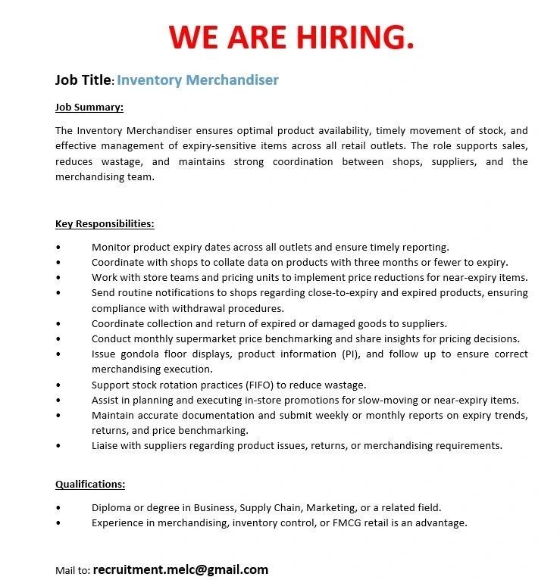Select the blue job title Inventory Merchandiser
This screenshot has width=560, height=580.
tap(198, 80)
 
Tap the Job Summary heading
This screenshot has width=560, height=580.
tap(89, 108)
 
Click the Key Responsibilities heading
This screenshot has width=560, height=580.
tap(105, 224)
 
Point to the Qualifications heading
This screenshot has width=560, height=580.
tap(90, 485)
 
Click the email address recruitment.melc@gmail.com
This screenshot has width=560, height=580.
tap(180, 569)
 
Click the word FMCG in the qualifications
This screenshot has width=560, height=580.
tap(360, 522)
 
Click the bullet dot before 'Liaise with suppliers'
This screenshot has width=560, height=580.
tap(58, 446)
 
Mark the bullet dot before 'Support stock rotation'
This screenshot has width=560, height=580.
tap(58, 385)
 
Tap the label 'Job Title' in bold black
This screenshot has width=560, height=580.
tap(83, 80)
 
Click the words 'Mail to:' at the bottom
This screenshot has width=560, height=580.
tap(73, 570)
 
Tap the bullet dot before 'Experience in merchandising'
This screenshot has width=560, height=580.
tap(58, 523)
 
